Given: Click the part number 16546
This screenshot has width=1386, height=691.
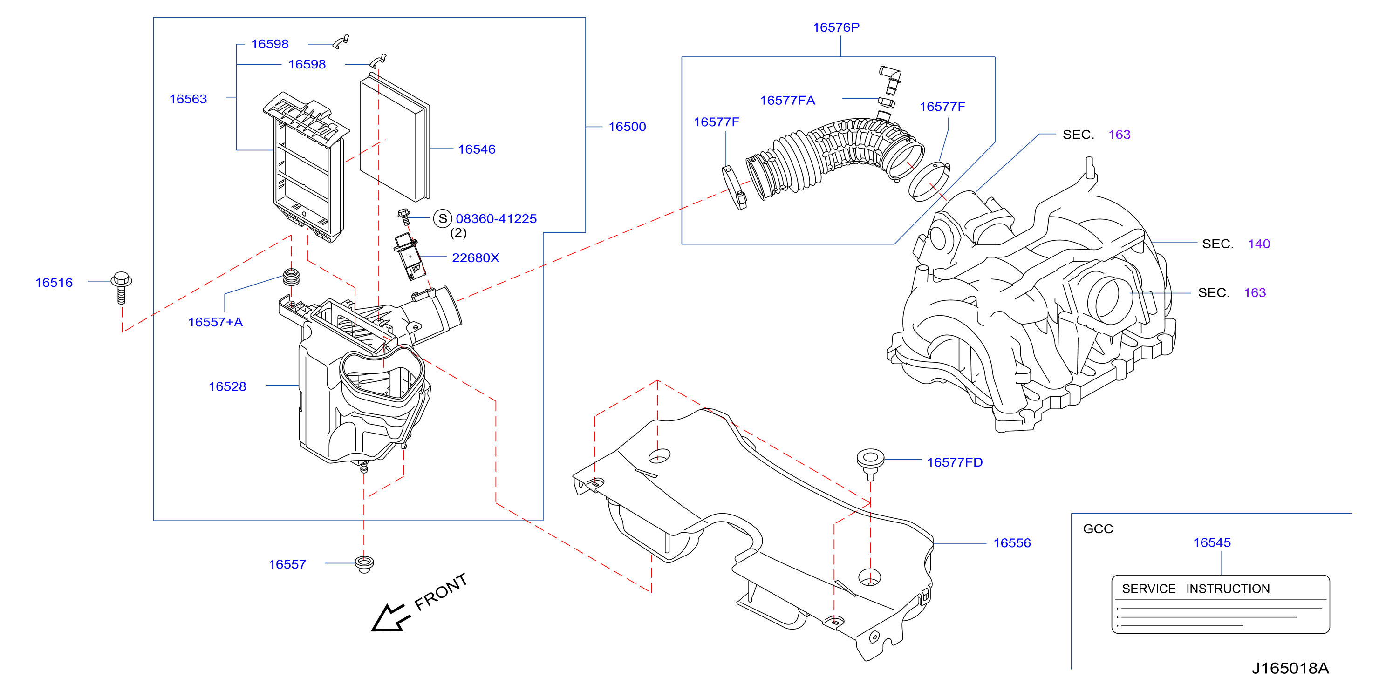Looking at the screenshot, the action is coord(476,149).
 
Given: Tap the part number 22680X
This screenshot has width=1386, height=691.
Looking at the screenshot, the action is coord(475,258).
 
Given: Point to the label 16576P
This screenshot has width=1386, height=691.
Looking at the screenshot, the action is coord(836,27).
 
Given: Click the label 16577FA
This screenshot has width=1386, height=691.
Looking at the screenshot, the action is coord(787,101).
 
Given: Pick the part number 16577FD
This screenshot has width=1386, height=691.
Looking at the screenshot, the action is coord(955,462).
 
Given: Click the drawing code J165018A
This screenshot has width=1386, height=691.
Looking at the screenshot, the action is coord(1290,668).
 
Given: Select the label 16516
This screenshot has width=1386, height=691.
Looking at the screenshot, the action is coord(54,283).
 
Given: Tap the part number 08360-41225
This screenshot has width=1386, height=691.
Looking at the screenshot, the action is coord(496,219).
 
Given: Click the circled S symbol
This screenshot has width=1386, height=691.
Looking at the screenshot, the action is coord(442,218).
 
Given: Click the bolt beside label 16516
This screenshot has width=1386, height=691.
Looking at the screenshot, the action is coord(121,287).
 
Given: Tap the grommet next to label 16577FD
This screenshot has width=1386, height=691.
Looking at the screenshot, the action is coord(870,463).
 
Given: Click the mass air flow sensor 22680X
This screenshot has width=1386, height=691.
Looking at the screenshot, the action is coord(410,256).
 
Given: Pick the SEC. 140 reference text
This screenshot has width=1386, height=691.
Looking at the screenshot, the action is coord(1236,244).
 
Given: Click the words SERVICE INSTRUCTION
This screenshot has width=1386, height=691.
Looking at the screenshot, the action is coord(1195,589).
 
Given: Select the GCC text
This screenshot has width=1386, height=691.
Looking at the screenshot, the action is coord(1098,529).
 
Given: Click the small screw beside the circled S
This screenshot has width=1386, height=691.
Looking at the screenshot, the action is coord(404,216).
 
